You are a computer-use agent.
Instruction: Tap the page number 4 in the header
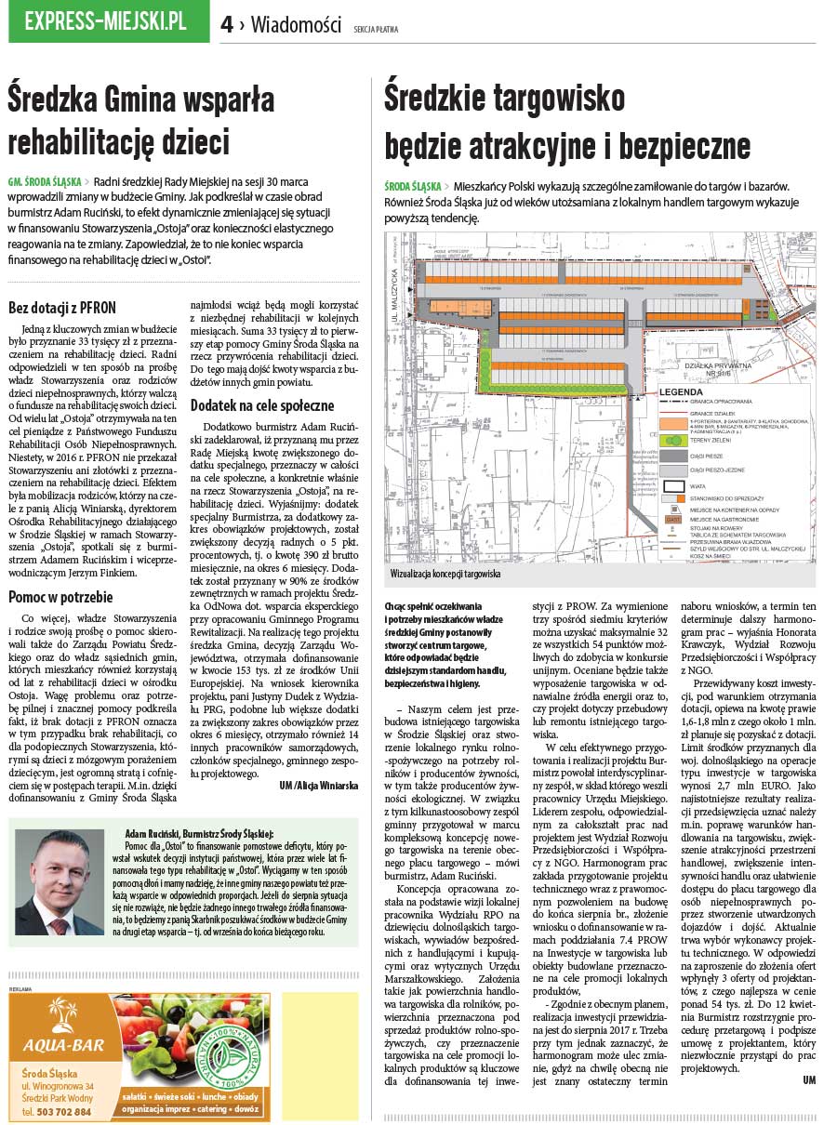(227, 25)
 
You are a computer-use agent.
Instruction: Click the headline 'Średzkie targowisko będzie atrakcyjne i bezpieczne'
(566, 121)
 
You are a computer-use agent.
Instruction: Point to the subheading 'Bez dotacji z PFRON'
(62, 308)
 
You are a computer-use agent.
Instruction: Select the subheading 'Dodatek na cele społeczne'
(262, 405)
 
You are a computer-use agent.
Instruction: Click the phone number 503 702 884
(62, 1112)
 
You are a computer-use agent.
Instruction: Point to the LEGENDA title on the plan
(687, 392)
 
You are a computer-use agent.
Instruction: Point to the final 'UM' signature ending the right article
(809, 1079)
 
